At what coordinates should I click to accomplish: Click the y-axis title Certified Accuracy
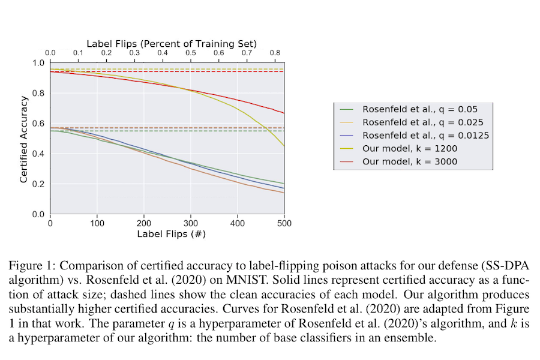click(x=23, y=139)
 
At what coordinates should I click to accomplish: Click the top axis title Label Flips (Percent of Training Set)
click(x=172, y=44)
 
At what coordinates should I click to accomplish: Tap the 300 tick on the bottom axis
click(x=191, y=223)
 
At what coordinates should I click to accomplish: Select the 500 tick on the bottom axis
click(x=284, y=223)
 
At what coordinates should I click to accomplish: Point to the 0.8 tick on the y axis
click(x=38, y=93)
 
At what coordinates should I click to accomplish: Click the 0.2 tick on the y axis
click(x=38, y=184)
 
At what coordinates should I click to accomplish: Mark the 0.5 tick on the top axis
click(x=191, y=53)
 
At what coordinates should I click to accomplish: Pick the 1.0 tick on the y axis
click(x=38, y=63)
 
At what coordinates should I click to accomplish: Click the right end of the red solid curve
click(x=284, y=113)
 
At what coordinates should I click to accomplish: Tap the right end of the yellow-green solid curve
click(x=284, y=146)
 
